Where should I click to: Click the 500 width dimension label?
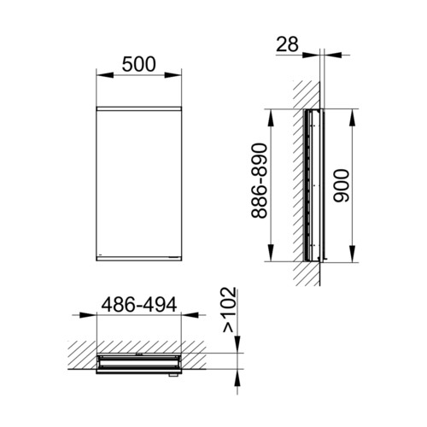pyautogui.click(x=139, y=64)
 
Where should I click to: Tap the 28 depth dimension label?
pyautogui.click(x=288, y=44)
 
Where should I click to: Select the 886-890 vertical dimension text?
pyautogui.click(x=260, y=181)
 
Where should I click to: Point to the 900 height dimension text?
pyautogui.click(x=341, y=186)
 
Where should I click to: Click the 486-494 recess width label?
pyautogui.click(x=139, y=305)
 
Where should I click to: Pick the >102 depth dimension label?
pyautogui.click(x=229, y=310)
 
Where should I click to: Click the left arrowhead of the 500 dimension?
pyautogui.click(x=105, y=75)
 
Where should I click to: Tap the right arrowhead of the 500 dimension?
pyautogui.click(x=173, y=75)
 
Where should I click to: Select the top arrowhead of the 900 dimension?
pyautogui.click(x=353, y=117)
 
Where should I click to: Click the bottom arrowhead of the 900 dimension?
pyautogui.click(x=353, y=253)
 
